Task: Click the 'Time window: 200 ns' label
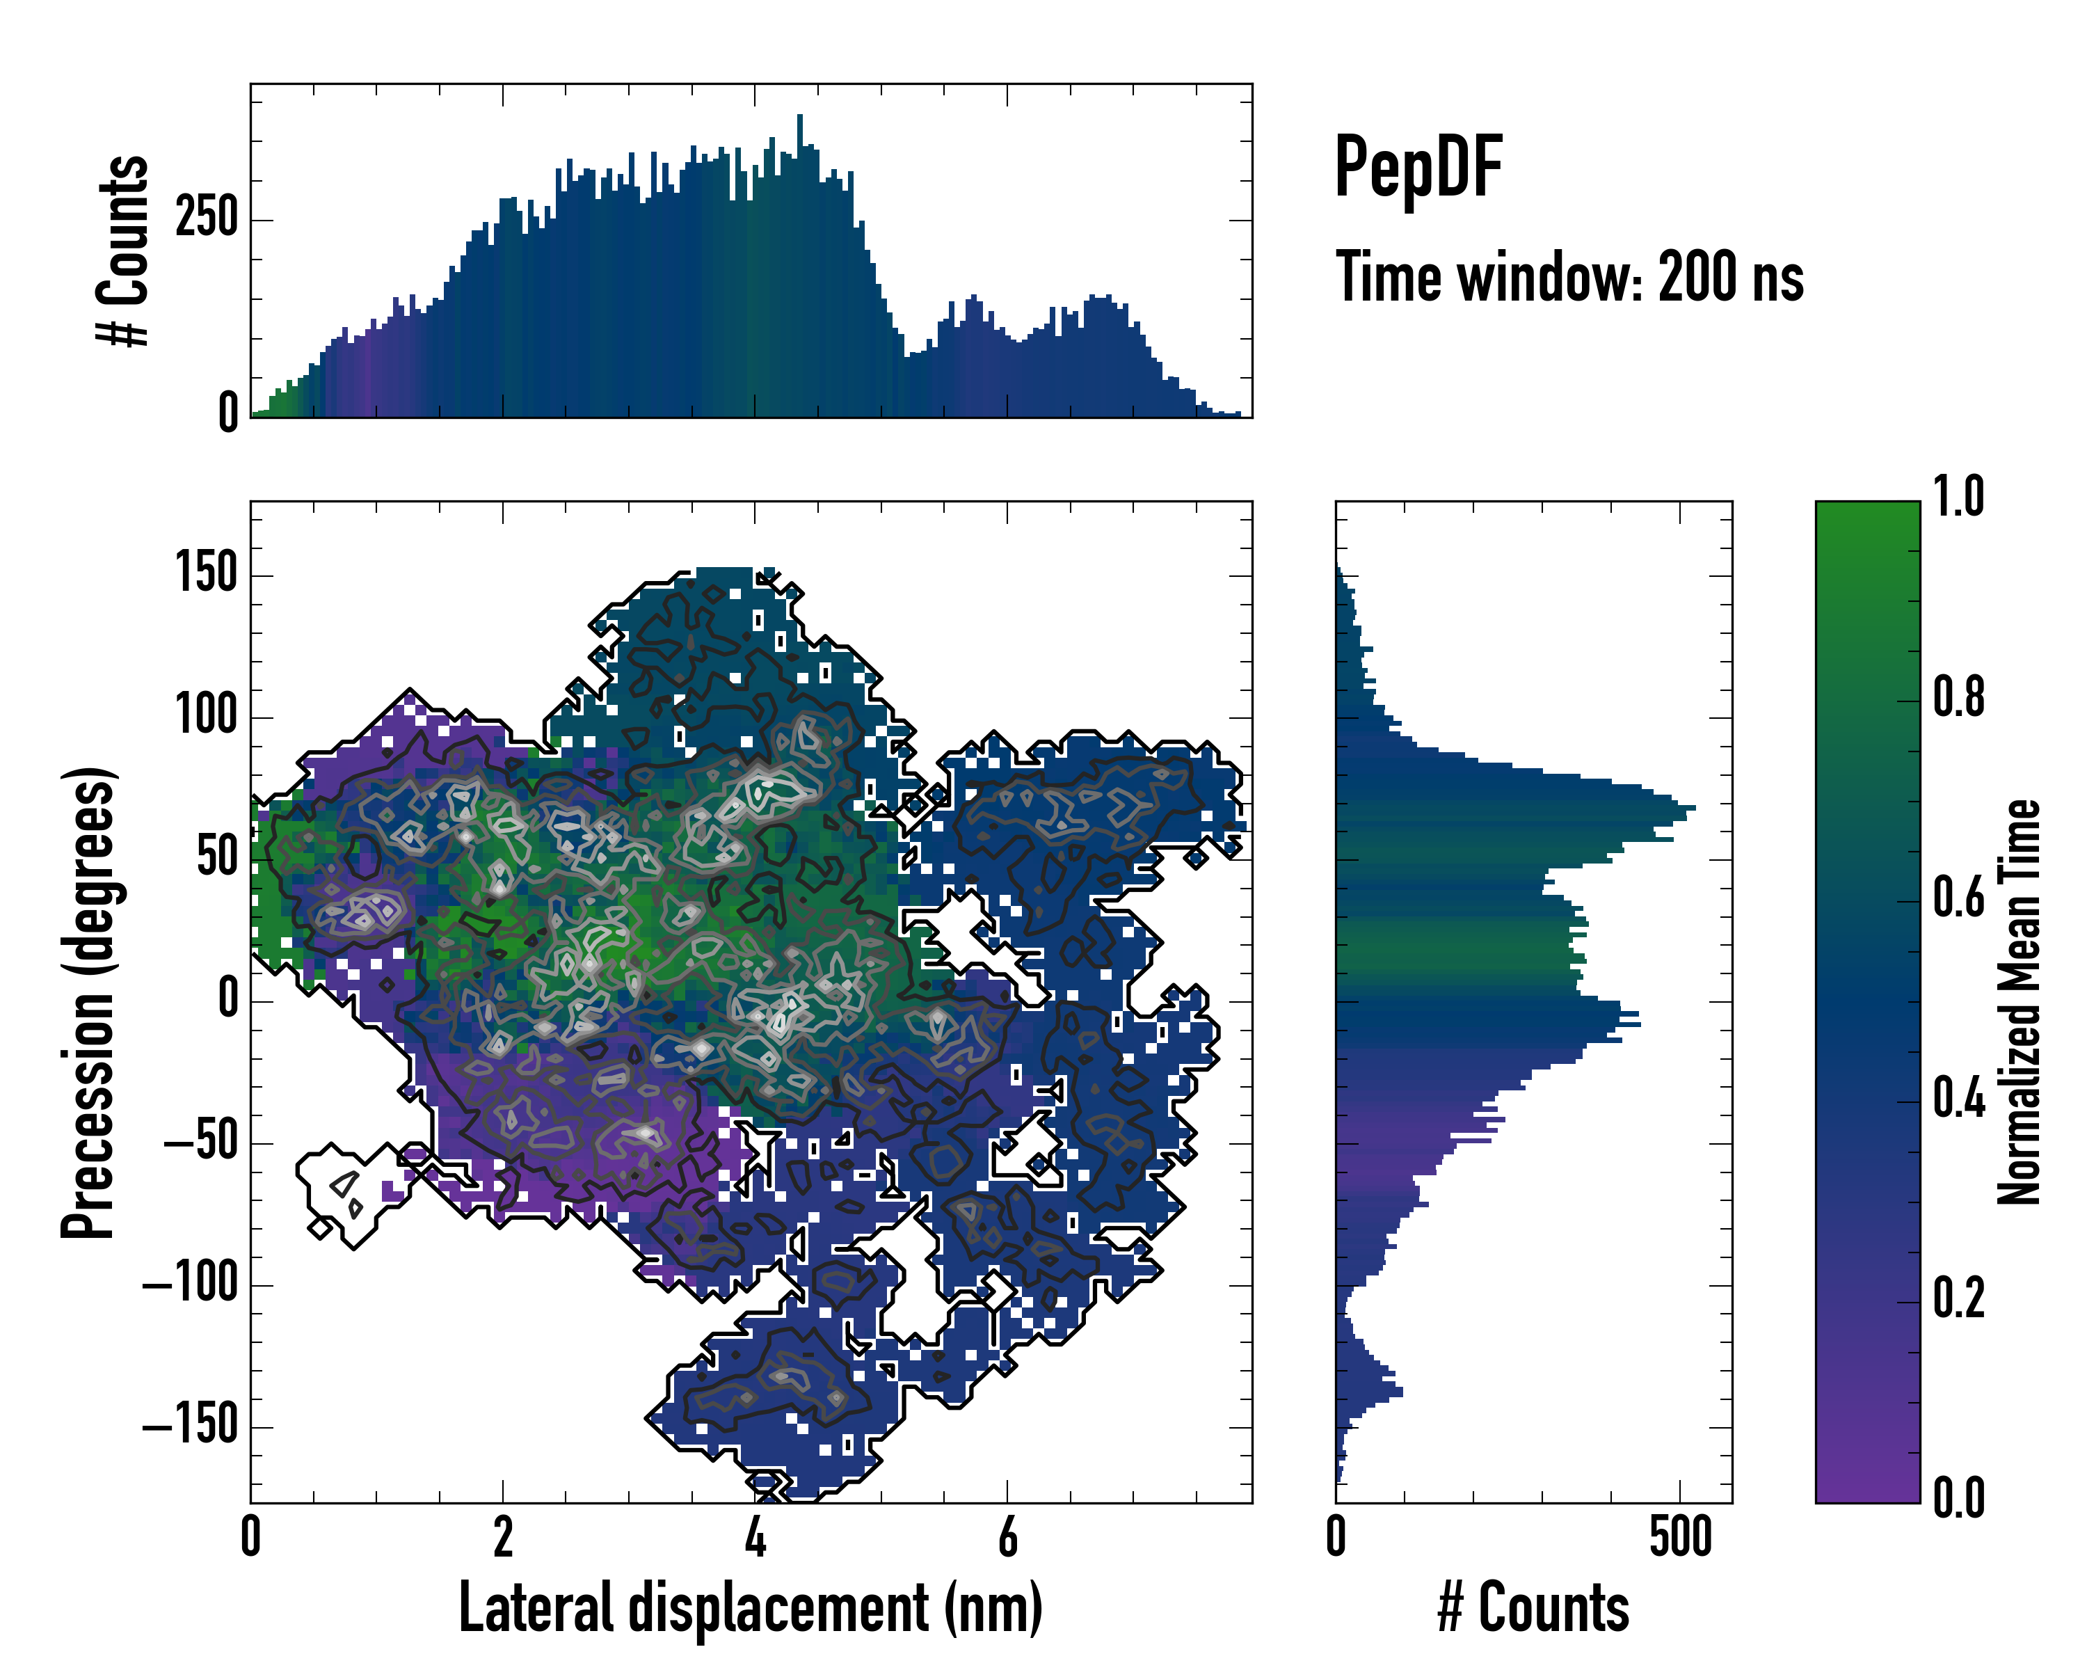pyautogui.click(x=1569, y=277)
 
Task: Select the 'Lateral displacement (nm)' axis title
pyautogui.click(x=750, y=1607)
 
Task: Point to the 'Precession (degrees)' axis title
pyautogui.click(x=88, y=1002)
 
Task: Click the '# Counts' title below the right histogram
pyautogui.click(x=1533, y=1607)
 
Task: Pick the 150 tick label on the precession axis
pyautogui.click(x=206, y=574)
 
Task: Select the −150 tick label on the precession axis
pyautogui.click(x=190, y=1426)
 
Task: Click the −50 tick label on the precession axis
pyautogui.click(x=200, y=1143)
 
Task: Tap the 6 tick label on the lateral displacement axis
pyautogui.click(x=1008, y=1537)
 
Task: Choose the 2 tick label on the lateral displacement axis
pyautogui.click(x=502, y=1537)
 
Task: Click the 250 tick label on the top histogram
pyautogui.click(x=206, y=218)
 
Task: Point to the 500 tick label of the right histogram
pyautogui.click(x=1681, y=1537)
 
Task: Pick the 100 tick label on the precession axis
pyautogui.click(x=206, y=717)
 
